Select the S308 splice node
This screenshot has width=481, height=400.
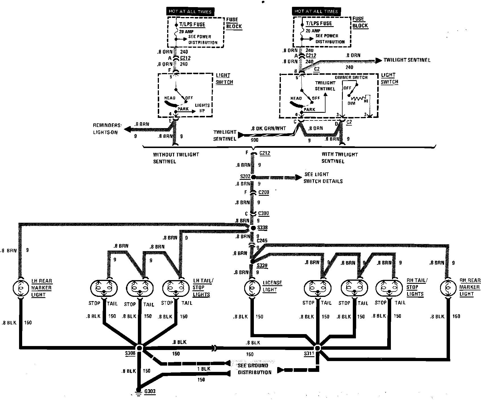pos(139,348)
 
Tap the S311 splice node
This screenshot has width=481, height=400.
pos(317,348)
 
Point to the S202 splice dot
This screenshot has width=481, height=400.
pos(252,177)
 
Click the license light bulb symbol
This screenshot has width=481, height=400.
pos(251,288)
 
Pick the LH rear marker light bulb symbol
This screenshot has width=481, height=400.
pos(21,288)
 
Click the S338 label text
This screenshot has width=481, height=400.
pos(262,228)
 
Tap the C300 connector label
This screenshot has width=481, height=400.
pos(264,213)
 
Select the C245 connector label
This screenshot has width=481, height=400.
pos(262,241)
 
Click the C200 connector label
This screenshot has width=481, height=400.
pos(264,192)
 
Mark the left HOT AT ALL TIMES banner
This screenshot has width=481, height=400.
pos(190,12)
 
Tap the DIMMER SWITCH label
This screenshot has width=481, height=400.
pos(351,77)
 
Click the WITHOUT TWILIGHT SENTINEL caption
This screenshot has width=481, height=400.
pos(176,158)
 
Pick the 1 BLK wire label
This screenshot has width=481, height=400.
pos(204,369)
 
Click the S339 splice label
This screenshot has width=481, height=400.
pos(262,266)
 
